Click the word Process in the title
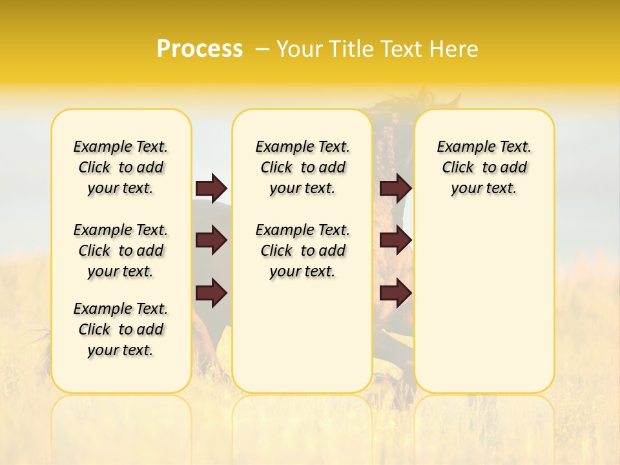tap(200, 49)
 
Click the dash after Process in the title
tap(262, 50)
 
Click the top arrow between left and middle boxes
tap(211, 188)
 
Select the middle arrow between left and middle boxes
tap(211, 240)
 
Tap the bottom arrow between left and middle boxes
tap(211, 293)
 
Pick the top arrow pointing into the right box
tap(395, 188)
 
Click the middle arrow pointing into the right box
tap(395, 240)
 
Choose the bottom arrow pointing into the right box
tap(395, 293)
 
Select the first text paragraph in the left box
tap(121, 167)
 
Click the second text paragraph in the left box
tap(121, 251)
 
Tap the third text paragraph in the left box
tap(121, 329)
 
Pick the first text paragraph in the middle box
tap(302, 167)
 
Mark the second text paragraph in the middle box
tap(302, 251)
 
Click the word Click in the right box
tap(458, 168)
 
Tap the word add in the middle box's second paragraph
tap(332, 251)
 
